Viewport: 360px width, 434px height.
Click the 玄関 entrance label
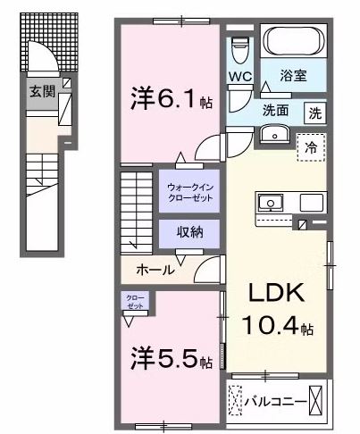(x=41, y=90)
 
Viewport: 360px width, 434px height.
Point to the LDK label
(x=277, y=293)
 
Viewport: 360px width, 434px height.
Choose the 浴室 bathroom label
(x=295, y=75)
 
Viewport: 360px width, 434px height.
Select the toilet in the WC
(x=238, y=47)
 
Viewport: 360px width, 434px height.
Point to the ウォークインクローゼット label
(x=189, y=190)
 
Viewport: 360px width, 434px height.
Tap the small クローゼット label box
(x=136, y=300)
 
